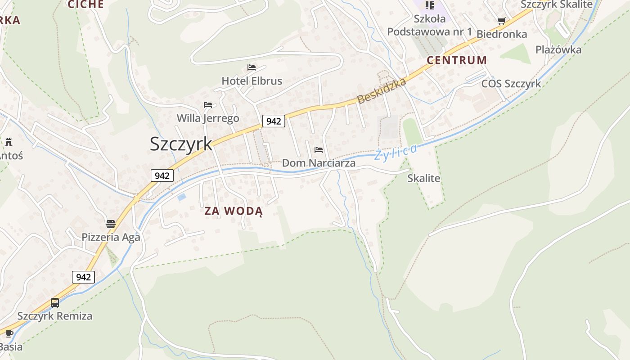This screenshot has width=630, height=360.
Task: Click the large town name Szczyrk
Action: tap(181, 144)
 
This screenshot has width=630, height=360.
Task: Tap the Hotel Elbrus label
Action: tap(252, 81)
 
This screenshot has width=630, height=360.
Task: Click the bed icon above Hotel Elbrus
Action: tap(252, 67)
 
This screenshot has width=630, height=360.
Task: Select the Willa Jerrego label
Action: tap(208, 118)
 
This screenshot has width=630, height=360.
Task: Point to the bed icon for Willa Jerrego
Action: tap(207, 105)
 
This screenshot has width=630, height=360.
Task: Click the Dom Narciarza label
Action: tap(319, 163)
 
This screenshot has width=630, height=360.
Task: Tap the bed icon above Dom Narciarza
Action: tap(319, 149)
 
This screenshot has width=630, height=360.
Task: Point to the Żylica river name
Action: tap(396, 152)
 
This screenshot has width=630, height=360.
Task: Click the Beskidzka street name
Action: tap(382, 90)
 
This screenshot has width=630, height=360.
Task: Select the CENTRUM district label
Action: tap(457, 60)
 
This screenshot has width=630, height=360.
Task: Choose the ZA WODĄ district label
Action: tap(234, 211)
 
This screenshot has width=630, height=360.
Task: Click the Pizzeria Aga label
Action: tap(111, 237)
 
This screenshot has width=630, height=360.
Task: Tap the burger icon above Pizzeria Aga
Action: tap(111, 224)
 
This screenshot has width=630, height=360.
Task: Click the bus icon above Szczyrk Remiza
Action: tap(55, 302)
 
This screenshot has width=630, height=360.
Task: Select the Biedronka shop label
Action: tap(502, 34)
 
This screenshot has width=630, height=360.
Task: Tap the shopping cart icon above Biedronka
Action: tap(502, 21)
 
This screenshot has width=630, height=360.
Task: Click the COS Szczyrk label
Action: tap(511, 84)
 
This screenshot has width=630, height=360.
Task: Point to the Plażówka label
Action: tap(558, 49)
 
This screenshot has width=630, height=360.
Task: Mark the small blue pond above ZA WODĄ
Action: tap(182, 197)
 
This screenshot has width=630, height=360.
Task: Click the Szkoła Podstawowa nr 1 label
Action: tap(430, 25)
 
